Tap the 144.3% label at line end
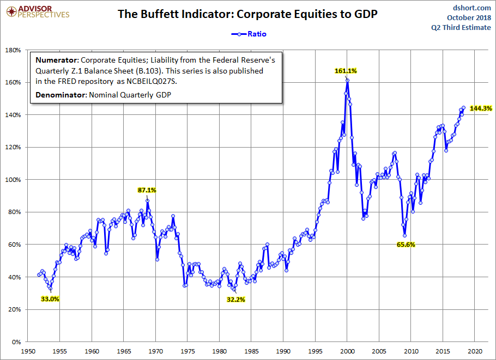point(481,109)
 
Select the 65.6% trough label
point(405,245)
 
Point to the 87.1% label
point(147,190)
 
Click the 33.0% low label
point(50,299)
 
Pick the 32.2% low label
point(236,300)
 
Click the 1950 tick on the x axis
point(28,351)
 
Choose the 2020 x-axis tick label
point(474,351)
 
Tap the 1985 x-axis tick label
point(251,351)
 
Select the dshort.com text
point(471,8)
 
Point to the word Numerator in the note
point(56,60)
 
